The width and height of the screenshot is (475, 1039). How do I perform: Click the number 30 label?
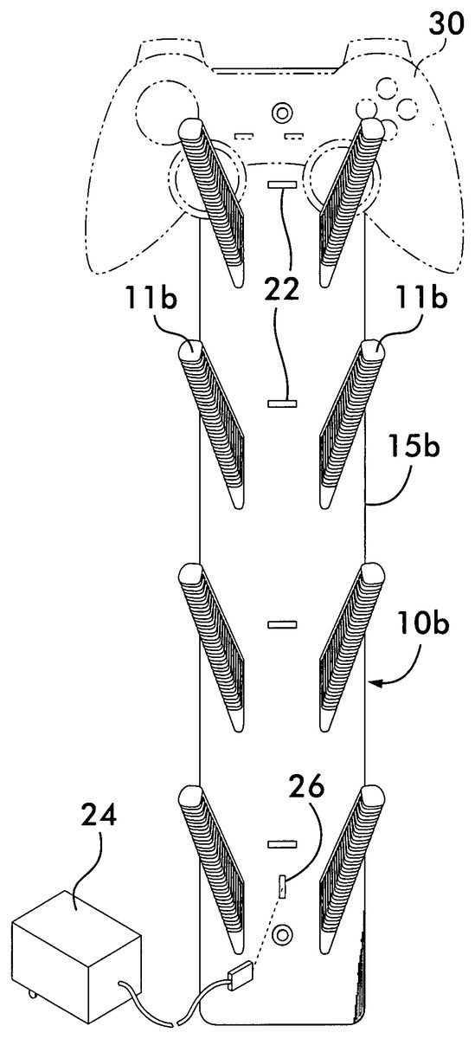pyautogui.click(x=446, y=25)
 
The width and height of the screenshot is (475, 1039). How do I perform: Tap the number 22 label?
pyautogui.click(x=282, y=289)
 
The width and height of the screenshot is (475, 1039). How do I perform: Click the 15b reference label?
pyautogui.click(x=413, y=447)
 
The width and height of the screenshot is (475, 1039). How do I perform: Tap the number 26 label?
pyautogui.click(x=306, y=786)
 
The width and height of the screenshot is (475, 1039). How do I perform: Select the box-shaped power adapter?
pyautogui.click(x=76, y=951)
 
